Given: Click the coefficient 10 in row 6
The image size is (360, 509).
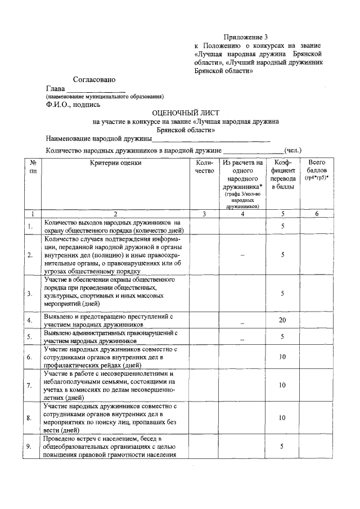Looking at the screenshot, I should click(x=283, y=357).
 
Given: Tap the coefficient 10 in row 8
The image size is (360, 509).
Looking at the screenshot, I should click(x=283, y=418).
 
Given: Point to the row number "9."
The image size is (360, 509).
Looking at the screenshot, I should click(x=29, y=447).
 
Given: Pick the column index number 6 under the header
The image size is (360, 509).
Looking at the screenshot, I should click(x=317, y=214).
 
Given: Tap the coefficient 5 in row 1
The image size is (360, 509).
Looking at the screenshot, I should click(x=283, y=226).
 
